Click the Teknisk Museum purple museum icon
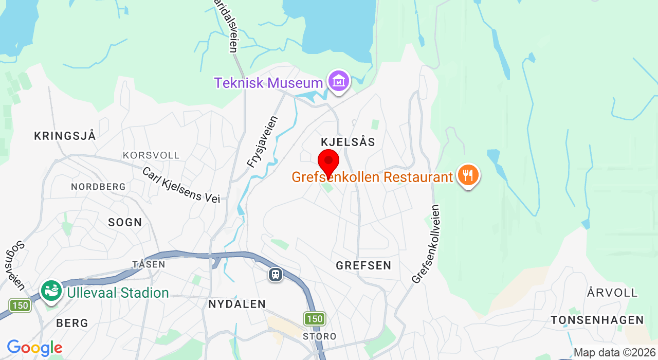pos(339,81)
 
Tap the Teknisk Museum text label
pos(268,83)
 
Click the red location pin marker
pos(328,162)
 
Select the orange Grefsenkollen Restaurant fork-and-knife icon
pos(468,175)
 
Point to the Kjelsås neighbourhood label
pos(348,142)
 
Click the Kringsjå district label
pos(65,136)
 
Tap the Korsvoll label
pos(151,155)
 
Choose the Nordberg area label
pos(98,187)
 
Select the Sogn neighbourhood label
pos(125,222)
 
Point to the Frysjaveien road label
pos(262,142)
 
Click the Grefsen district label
pos(363,266)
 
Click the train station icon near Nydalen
pos(276,274)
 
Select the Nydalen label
pos(237,304)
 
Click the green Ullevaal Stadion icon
pos(51,291)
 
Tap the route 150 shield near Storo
pos(314,319)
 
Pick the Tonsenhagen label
pos(597,320)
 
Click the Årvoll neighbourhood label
pos(612,293)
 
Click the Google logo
pos(34,348)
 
